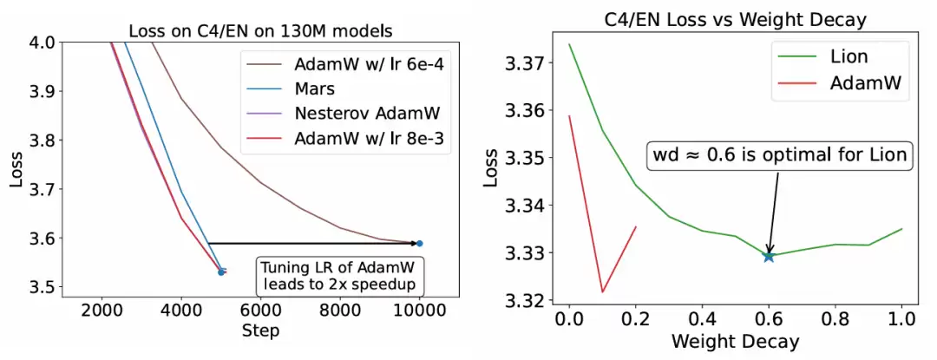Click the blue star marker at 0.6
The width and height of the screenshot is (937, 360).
pyautogui.click(x=769, y=256)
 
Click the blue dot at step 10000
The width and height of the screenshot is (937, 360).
pyautogui.click(x=419, y=244)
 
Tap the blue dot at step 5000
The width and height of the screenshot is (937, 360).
pyautogui.click(x=221, y=272)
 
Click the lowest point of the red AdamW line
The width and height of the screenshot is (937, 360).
pyautogui.click(x=602, y=291)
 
